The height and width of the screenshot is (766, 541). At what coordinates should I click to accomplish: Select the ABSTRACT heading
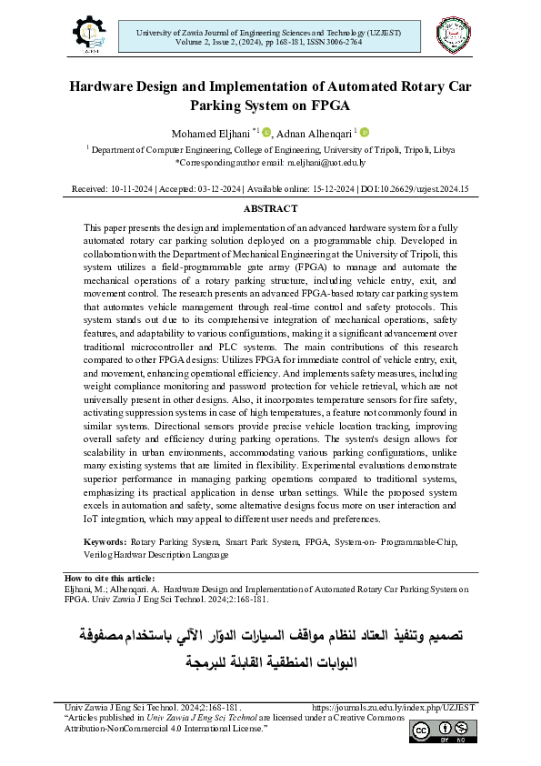point(270,208)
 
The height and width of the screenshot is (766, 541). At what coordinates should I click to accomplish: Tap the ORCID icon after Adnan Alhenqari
point(365,132)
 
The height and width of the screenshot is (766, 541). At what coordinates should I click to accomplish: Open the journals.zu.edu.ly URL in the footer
point(393,707)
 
